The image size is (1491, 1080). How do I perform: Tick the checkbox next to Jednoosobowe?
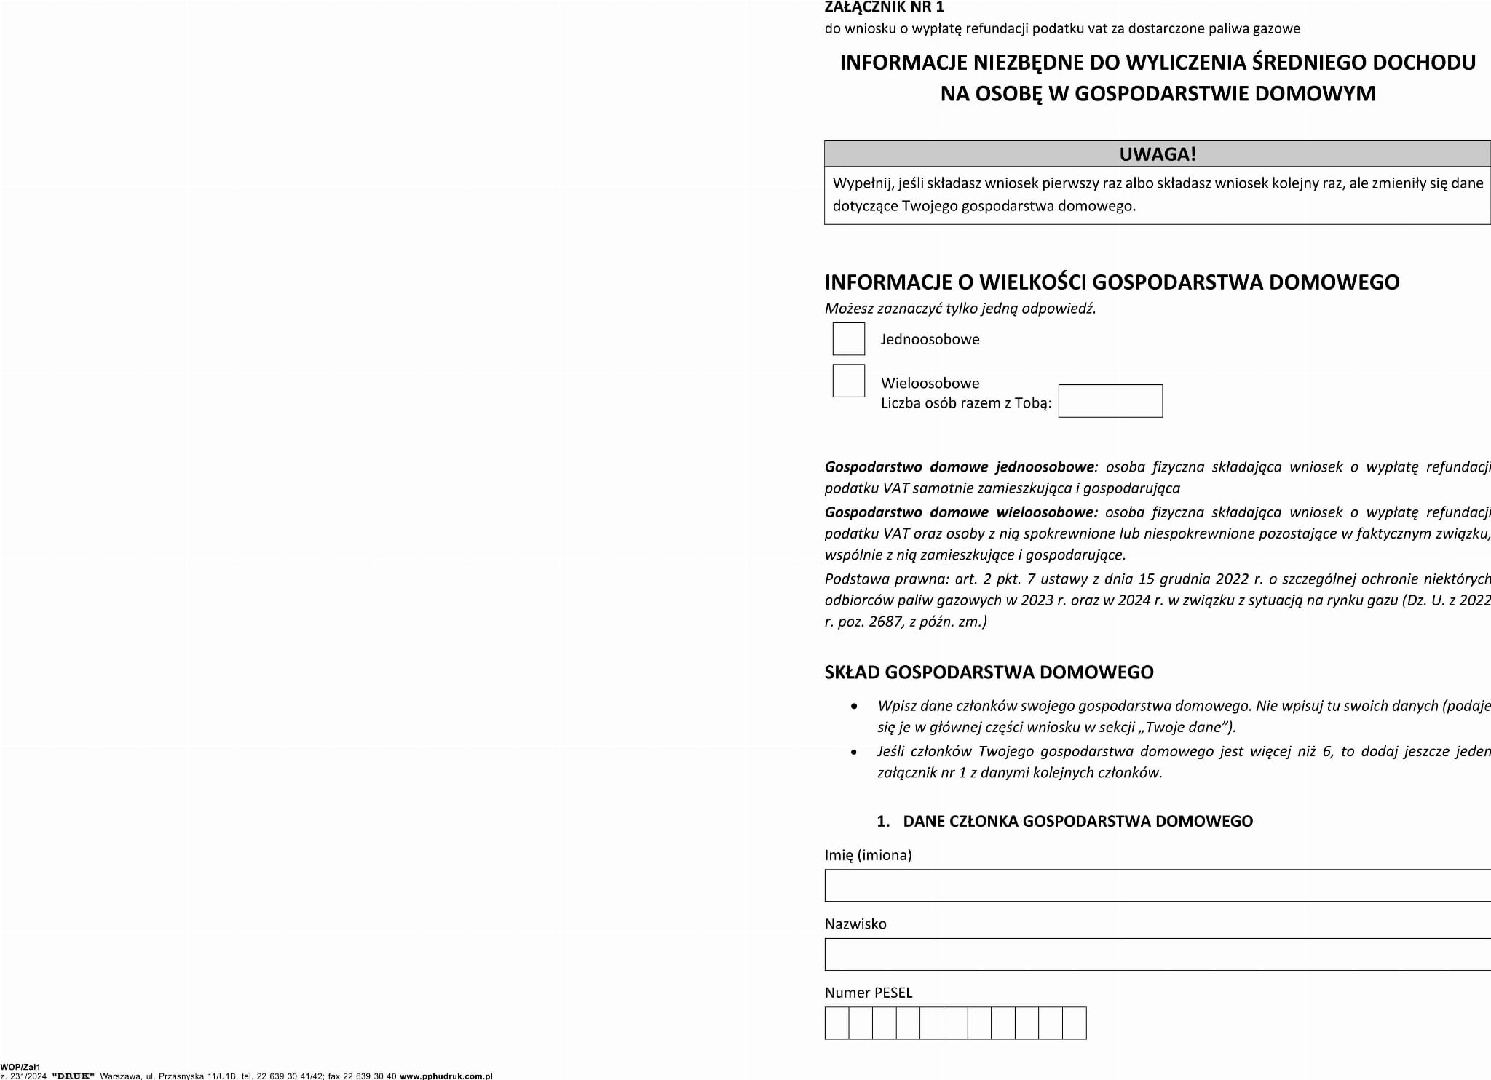click(848, 339)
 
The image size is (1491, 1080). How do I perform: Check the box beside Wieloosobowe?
click(848, 381)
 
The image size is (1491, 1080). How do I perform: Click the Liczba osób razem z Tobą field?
click(1110, 401)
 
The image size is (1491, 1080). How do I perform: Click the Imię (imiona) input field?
click(1158, 886)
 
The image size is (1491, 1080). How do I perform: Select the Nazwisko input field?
click(1158, 954)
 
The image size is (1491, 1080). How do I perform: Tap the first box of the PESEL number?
click(837, 1023)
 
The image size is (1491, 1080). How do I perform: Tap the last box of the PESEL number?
click(1075, 1023)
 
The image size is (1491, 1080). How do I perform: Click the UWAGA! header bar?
click(1158, 154)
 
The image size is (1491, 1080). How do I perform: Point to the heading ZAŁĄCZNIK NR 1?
click(884, 7)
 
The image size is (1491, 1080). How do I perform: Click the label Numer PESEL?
click(868, 993)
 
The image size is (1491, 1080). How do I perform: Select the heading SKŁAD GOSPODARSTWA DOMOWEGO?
click(989, 672)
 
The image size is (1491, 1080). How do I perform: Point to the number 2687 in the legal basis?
click(887, 622)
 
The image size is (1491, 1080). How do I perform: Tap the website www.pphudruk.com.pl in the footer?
click(446, 1076)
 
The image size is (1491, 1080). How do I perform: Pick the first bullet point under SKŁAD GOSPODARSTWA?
click(854, 707)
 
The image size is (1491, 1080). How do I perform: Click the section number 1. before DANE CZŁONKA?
click(883, 822)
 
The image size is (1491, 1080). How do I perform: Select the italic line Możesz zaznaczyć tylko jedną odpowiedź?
click(960, 309)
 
